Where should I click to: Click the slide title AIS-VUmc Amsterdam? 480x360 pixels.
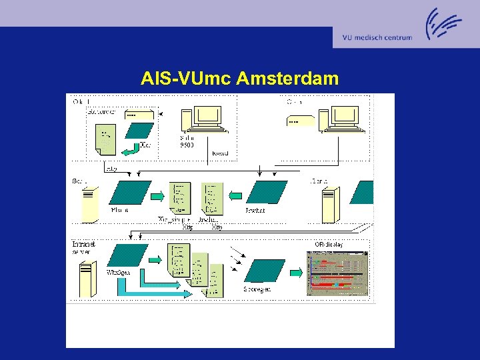[x=239, y=79]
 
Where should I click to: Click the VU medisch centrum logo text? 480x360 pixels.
[x=377, y=37]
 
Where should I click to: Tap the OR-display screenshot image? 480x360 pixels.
[x=337, y=273]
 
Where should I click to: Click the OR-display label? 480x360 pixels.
[x=329, y=245]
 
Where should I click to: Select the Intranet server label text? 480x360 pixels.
[x=84, y=247]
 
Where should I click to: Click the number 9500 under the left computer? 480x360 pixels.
[x=187, y=145]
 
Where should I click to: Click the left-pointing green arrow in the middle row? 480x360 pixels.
[x=235, y=196]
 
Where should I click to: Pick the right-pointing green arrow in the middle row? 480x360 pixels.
[x=157, y=196]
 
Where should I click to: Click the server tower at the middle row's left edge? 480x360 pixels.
[x=89, y=205]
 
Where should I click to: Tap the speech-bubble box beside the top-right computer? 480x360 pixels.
[x=300, y=121]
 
